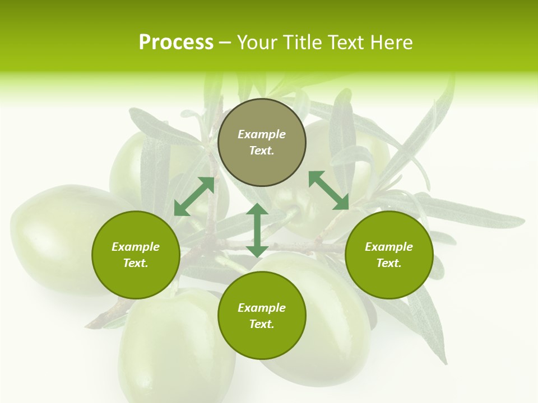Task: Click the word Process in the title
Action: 176,43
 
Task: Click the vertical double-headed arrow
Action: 257,230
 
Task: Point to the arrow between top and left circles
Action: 194,196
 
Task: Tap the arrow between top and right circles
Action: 329,190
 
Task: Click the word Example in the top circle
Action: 262,134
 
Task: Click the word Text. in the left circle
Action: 136,263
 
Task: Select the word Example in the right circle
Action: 389,247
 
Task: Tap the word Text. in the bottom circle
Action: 262,324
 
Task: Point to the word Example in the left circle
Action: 136,247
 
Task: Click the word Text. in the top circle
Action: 262,151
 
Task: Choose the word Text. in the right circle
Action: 389,263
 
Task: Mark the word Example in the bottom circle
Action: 262,308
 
